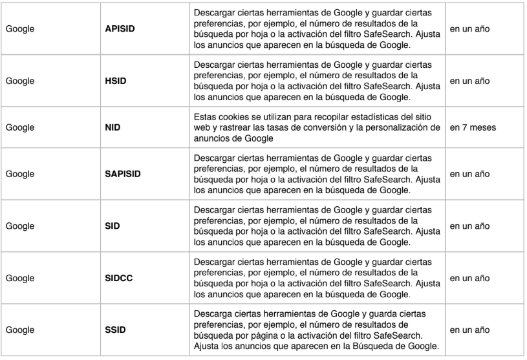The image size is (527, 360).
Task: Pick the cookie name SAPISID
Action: tap(123, 175)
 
